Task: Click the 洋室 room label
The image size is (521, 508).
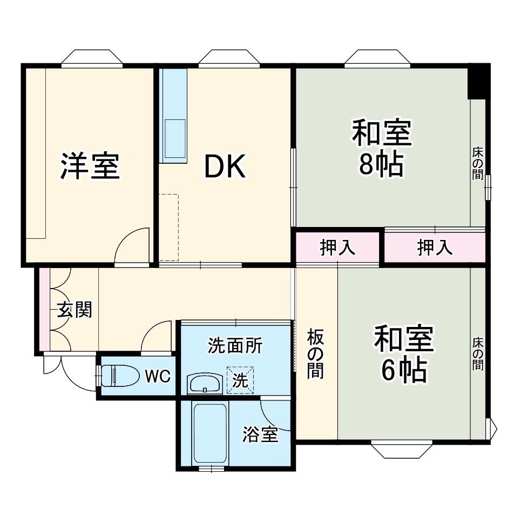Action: pos(89,166)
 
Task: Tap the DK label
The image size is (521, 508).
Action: pos(225,168)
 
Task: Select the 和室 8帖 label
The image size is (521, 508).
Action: pos(382,150)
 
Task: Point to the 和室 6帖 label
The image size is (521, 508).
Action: pos(404,355)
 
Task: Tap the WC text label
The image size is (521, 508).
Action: pos(158,377)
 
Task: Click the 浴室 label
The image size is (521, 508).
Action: pos(260,435)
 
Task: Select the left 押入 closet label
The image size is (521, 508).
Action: pos(338,248)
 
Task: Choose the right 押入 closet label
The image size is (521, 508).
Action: pos(434,248)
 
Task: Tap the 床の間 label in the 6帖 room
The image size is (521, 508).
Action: pos(478,354)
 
